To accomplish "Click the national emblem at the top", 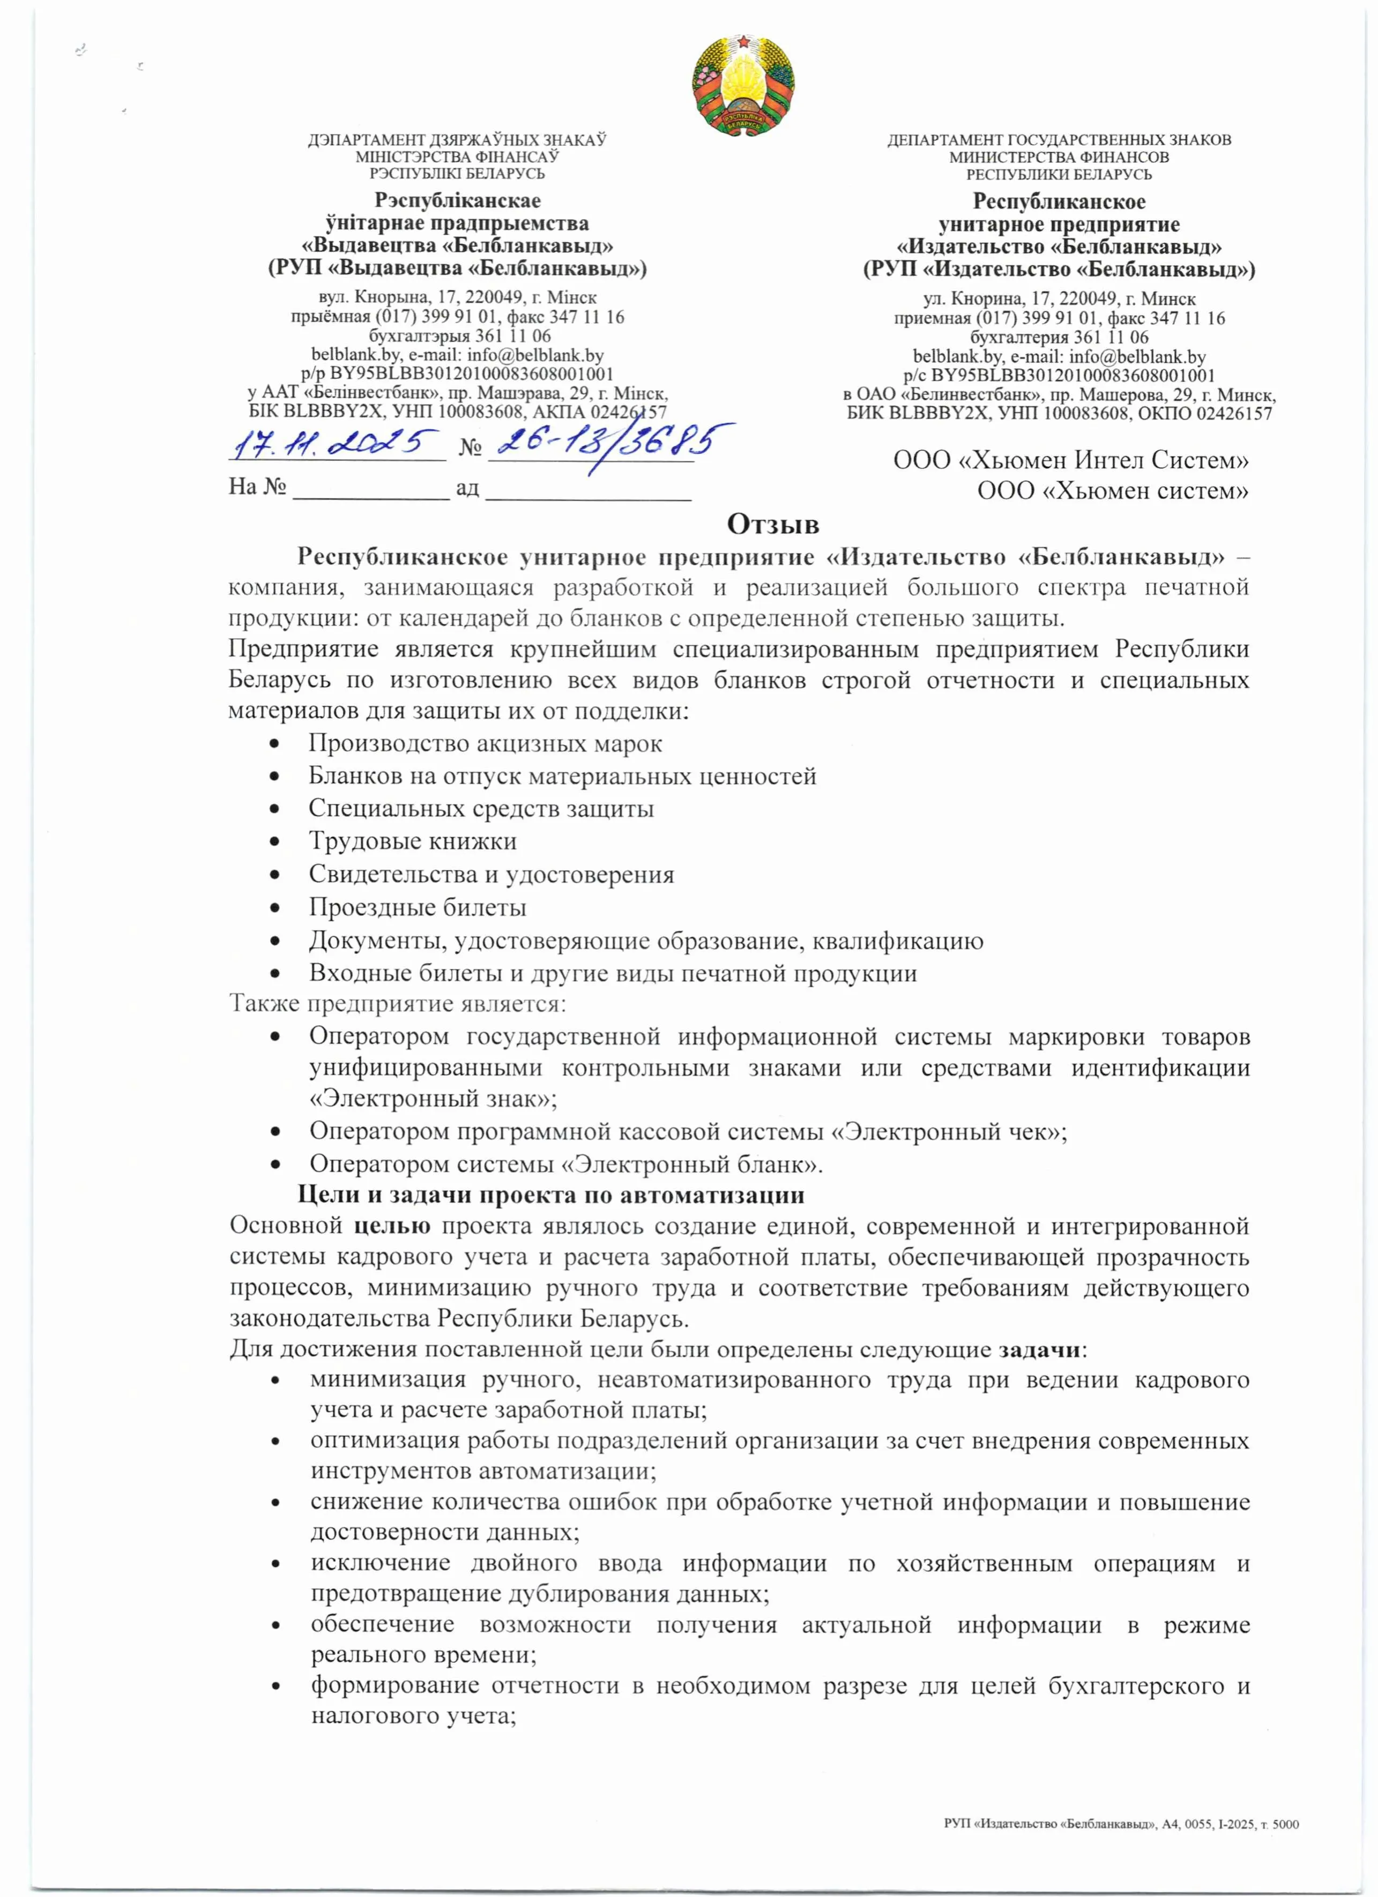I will (743, 85).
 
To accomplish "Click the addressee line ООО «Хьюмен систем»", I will (1113, 490).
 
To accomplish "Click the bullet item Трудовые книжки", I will (413, 841).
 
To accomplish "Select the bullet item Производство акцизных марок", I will (485, 744).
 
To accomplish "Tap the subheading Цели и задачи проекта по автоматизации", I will (552, 1194).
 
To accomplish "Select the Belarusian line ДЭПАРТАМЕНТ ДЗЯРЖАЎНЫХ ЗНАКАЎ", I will (457, 140).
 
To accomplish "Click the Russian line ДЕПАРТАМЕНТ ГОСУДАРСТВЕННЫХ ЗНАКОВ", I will (1059, 140).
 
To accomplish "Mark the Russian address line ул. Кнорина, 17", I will (1059, 298).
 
